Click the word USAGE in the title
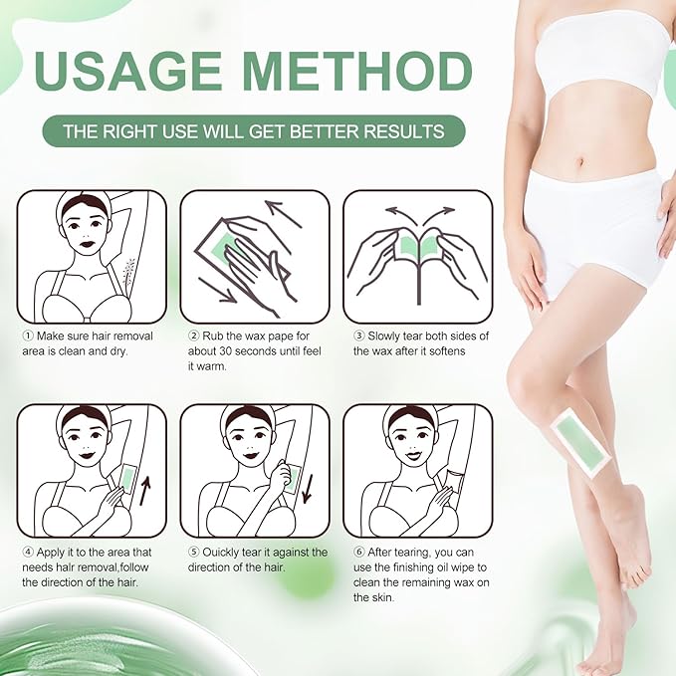133,72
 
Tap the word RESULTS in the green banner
407,131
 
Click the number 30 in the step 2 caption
236,351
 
